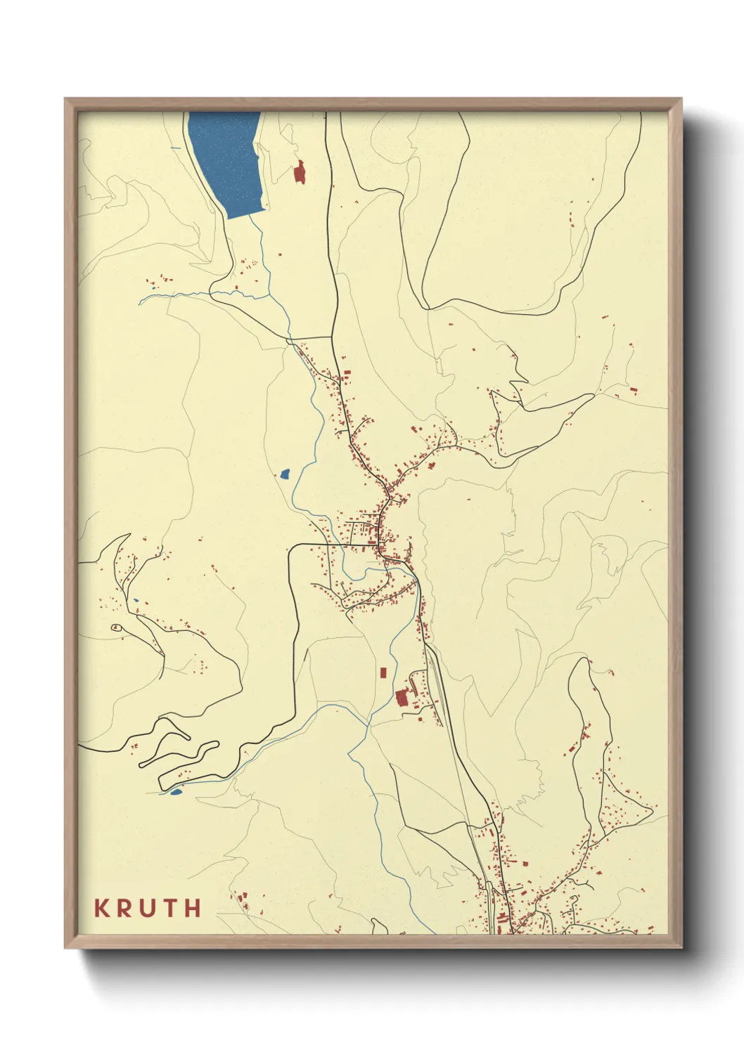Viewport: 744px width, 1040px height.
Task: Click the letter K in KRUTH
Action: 103,908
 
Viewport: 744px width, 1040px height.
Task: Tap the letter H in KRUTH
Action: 192,908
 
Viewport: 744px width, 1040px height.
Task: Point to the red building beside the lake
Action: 300,172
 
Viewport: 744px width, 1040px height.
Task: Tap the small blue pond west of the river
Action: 285,474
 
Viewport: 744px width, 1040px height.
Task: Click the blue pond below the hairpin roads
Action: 175,792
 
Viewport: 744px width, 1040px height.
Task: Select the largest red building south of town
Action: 402,698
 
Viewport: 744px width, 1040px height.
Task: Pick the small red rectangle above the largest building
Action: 383,672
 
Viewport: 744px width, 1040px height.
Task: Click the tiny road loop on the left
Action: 117,628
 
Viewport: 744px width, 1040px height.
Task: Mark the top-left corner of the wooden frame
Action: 65,99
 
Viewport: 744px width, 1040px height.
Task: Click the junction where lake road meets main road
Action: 333,337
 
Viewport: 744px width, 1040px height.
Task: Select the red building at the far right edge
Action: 635,391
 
